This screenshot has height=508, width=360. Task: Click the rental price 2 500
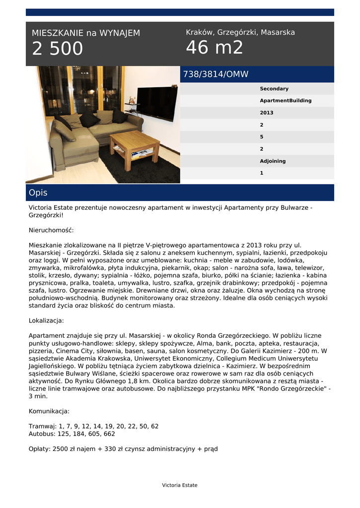coord(58,49)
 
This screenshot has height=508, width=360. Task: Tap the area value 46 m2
coord(215,48)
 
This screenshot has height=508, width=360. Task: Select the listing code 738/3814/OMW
coord(216,74)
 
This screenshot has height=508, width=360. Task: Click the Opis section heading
coord(38,192)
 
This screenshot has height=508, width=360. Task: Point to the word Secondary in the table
coord(274,89)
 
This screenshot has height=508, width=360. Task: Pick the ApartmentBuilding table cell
coord(286,101)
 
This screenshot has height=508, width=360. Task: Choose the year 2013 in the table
coord(267,113)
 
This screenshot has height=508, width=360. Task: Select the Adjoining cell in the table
coord(273,161)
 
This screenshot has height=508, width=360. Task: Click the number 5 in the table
coord(262,137)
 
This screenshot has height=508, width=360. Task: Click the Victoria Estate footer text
coord(180,485)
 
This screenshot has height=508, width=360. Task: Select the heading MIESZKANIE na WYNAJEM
coord(86,33)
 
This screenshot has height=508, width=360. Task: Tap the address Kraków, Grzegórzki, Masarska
coord(240,32)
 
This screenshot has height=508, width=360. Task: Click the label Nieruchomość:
coord(51,230)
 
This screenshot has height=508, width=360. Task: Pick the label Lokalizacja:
coord(46,320)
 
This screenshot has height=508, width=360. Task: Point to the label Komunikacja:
coord(49,411)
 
